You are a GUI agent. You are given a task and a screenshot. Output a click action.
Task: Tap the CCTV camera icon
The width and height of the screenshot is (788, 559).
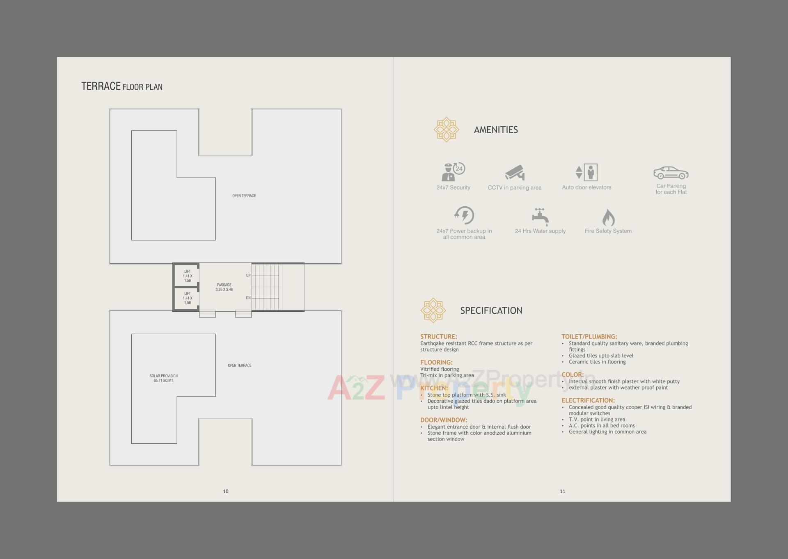(x=515, y=173)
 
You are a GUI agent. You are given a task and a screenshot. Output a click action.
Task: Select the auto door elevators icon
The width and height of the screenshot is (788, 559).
(x=586, y=172)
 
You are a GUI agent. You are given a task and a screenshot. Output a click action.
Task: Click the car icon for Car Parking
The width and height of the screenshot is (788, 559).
(x=671, y=173)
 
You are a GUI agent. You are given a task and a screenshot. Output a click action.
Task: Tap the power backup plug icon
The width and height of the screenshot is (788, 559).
(x=464, y=215)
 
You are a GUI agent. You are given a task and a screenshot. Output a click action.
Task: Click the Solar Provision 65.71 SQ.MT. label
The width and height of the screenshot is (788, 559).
(x=163, y=378)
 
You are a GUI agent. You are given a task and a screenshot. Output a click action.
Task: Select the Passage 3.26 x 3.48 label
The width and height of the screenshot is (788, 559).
(x=224, y=287)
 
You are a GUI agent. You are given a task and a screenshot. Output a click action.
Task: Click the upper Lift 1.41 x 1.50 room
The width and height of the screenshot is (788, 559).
(x=187, y=276)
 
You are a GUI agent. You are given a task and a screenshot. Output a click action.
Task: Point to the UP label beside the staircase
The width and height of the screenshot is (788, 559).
(x=248, y=276)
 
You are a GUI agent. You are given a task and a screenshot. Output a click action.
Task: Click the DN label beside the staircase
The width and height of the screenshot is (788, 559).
(x=248, y=298)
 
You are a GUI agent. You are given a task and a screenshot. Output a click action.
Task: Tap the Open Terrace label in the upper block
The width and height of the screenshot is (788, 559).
(x=244, y=196)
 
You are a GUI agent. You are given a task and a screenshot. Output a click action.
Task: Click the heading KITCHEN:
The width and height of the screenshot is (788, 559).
(x=434, y=388)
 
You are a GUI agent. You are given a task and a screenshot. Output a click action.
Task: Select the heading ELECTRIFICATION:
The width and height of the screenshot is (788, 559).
(x=588, y=400)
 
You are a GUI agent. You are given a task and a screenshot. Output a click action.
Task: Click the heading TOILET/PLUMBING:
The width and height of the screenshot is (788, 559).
(x=589, y=337)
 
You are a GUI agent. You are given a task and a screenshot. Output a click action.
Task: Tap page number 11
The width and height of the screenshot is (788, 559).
(x=562, y=491)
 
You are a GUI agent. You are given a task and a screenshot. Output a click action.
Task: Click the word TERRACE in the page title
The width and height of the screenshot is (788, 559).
(x=101, y=86)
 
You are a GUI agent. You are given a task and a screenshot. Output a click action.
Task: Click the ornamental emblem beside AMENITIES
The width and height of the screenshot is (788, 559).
(x=446, y=130)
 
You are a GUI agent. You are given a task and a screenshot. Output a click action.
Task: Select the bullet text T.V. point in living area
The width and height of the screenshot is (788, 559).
(x=597, y=420)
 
